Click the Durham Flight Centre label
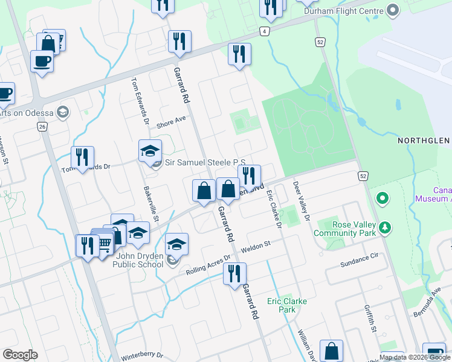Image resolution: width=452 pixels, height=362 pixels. pyautogui.click(x=344, y=11)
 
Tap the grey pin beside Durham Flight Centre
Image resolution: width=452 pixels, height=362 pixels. pyautogui.click(x=393, y=11)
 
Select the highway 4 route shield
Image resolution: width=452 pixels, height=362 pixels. pyautogui.click(x=264, y=31)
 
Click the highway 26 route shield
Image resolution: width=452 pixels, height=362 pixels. pyautogui.click(x=42, y=127)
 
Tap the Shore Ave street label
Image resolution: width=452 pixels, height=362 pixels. pyautogui.click(x=171, y=123)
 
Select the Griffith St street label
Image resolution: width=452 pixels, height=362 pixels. pyautogui.click(x=370, y=318)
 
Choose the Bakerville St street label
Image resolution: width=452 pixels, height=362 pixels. pyautogui.click(x=150, y=203)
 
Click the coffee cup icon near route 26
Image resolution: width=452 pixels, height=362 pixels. pyautogui.click(x=42, y=61)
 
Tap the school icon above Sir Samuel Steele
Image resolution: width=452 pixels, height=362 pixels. pyautogui.click(x=150, y=150)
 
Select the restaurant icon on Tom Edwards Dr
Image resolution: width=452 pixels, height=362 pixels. pyautogui.click(x=82, y=156)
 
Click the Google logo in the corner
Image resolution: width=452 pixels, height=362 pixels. pyautogui.click(x=20, y=355)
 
